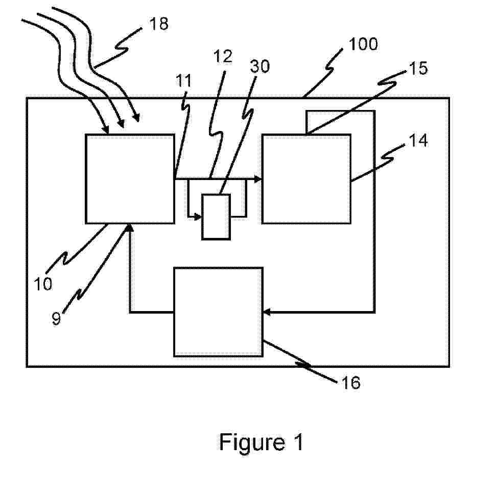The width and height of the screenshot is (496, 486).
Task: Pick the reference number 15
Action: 419,69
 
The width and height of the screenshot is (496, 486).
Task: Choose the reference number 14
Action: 419,140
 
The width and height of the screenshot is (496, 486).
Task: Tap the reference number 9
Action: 57,319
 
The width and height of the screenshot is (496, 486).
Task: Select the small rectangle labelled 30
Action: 216,216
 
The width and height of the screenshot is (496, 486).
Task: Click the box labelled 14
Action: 306,179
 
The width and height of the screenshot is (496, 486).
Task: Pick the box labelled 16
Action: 218,312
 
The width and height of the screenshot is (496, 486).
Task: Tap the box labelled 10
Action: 130,179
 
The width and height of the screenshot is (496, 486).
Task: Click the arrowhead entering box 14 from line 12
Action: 258,179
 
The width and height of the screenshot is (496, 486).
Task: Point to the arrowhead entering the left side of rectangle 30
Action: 198,217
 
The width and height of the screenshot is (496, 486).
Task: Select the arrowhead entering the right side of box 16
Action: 267,311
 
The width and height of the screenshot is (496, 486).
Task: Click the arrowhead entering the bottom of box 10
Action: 130,228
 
